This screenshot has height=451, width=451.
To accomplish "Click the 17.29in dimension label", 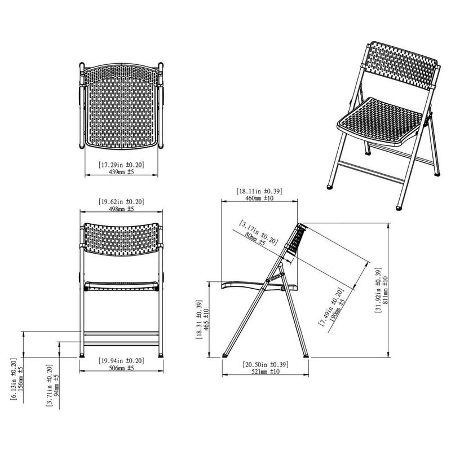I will point(121,165).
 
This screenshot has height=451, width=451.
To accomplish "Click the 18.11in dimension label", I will point(259,191).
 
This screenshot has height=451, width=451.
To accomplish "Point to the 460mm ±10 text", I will point(259,198).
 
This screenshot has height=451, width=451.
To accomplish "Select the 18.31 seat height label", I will point(198,319).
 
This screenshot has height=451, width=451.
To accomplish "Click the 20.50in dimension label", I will point(266,364).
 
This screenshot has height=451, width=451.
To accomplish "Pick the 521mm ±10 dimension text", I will point(266,372).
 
